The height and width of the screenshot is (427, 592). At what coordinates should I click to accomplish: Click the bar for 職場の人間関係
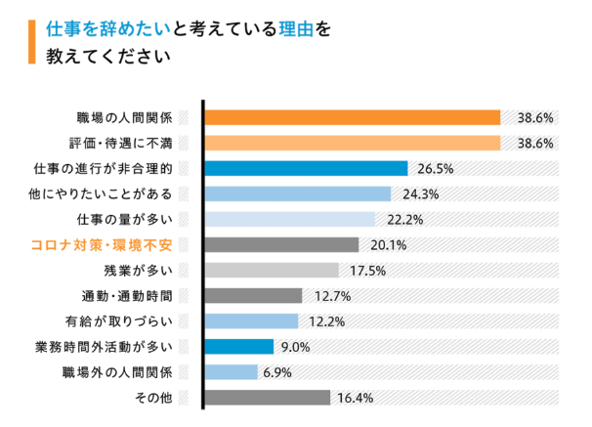tap(352, 117)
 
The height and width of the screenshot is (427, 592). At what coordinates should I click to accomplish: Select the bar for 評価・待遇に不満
tap(352, 143)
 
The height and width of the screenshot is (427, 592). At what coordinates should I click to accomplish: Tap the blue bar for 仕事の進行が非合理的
tap(306, 168)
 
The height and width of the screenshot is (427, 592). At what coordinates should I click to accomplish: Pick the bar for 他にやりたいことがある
tap(297, 193)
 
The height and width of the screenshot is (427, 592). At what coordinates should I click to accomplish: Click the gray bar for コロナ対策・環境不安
tap(281, 244)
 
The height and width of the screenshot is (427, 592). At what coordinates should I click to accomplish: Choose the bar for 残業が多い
tap(272, 270)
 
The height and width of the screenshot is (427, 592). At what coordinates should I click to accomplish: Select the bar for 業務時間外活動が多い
tap(239, 346)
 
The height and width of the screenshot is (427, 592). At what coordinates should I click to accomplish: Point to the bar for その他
tap(267, 397)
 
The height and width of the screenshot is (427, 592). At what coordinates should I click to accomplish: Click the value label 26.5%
tap(435, 168)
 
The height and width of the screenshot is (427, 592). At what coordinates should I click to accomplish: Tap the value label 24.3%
tap(418, 193)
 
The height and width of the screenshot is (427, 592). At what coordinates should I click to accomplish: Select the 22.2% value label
tap(402, 219)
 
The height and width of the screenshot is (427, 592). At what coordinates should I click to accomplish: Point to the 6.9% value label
tap(280, 371)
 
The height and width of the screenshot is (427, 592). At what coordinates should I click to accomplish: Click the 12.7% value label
tap(330, 295)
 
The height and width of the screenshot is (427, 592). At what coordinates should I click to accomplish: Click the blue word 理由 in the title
tap(294, 28)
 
